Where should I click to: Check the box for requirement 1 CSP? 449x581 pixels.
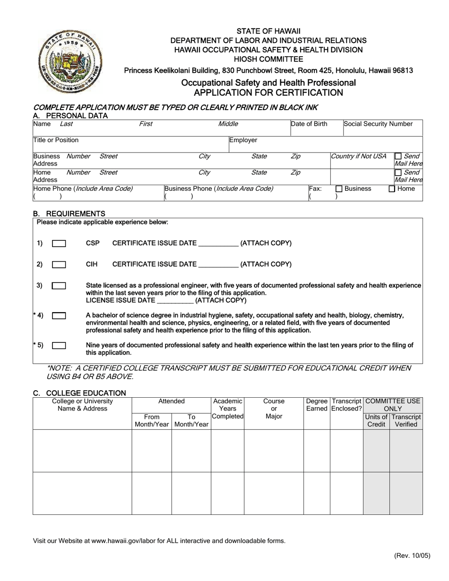point(59,244)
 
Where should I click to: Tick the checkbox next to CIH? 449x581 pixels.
point(59,265)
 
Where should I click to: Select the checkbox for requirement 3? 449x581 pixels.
point(59,286)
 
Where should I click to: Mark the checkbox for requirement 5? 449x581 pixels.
point(59,346)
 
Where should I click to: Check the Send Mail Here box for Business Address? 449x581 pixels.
point(398,156)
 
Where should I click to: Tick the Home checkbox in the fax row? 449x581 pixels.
point(392,189)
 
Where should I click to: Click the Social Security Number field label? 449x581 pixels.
point(378,124)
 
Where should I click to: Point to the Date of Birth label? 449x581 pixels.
point(309,124)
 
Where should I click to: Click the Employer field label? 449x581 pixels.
point(243,140)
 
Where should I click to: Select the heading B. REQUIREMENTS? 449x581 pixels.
point(69,214)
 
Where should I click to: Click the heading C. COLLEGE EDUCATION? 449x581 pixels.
point(79,393)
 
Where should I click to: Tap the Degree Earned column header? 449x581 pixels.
point(317,405)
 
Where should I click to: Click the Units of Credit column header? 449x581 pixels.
point(376,421)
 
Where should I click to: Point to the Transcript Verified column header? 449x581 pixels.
point(406,421)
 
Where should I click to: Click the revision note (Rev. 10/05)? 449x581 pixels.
point(412,556)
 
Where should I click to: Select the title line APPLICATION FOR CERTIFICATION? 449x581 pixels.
point(268,93)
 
